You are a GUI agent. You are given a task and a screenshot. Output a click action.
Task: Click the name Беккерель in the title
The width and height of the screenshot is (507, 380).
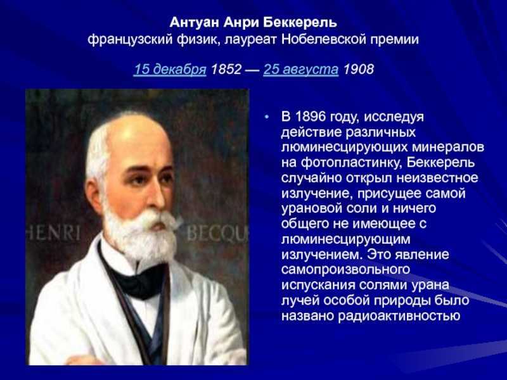coord(300,23)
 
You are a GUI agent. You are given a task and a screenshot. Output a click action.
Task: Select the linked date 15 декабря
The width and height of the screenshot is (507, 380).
coord(170,70)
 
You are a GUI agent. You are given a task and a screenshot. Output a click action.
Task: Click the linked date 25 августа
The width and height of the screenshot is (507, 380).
coord(300,70)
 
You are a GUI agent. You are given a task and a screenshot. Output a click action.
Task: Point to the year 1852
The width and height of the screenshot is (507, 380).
coord(226,69)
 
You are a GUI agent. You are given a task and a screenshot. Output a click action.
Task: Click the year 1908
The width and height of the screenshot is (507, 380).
coord(358,69)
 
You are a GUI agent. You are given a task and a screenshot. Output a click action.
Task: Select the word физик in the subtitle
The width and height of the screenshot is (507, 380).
coord(198,40)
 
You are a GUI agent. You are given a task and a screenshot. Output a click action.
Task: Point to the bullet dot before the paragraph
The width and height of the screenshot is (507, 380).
coord(266,117)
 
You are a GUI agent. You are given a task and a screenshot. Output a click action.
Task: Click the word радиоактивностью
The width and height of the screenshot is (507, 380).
coord(399,315)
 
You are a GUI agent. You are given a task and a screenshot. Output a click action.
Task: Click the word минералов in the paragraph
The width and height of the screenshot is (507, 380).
coord(448,148)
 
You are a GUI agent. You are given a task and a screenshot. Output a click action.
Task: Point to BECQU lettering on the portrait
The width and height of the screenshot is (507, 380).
coord(217,232)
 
